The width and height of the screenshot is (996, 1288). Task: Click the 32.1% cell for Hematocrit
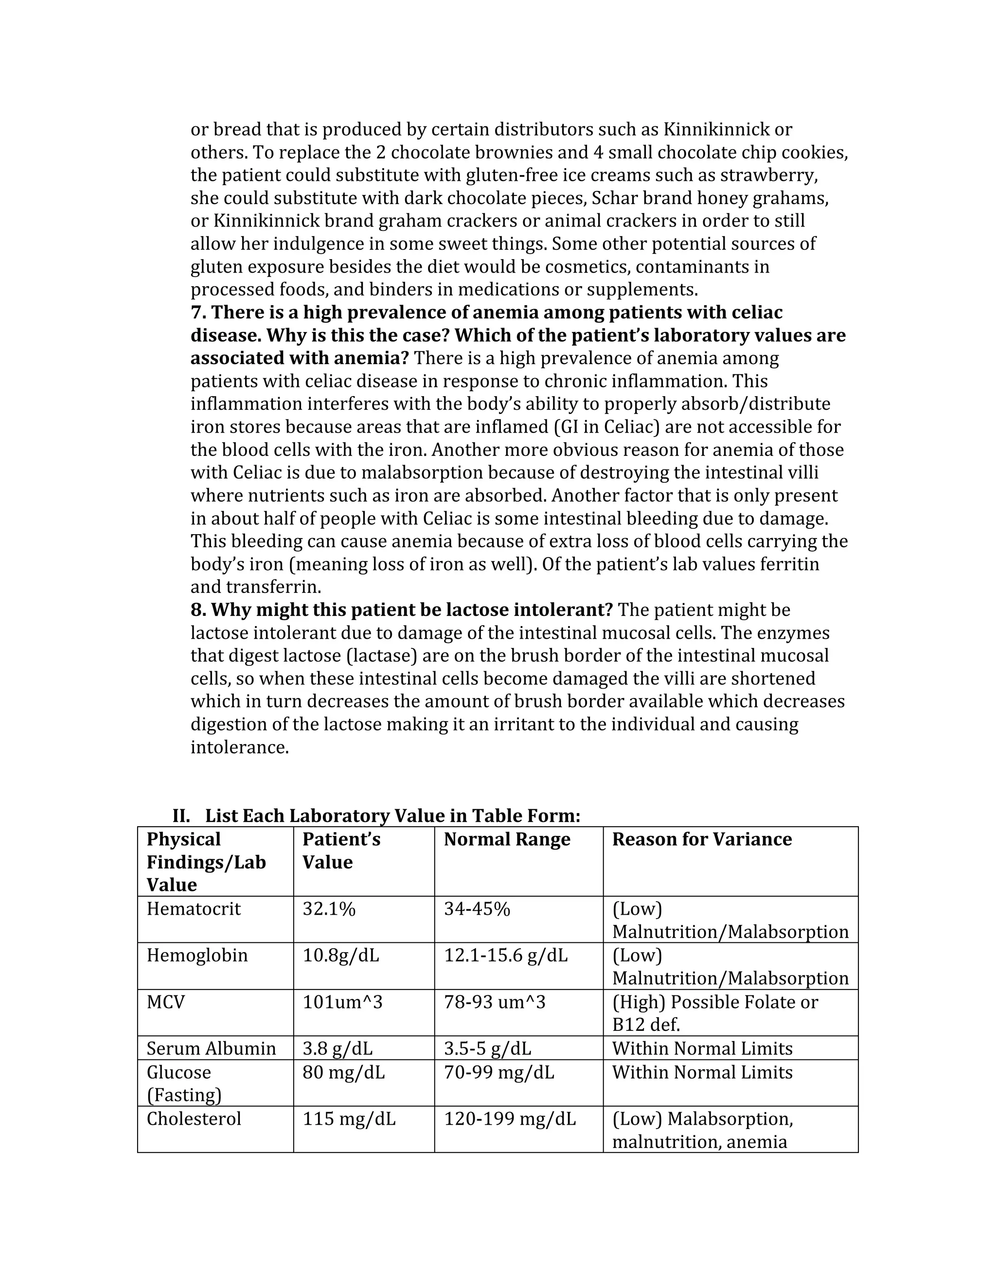pos(329,909)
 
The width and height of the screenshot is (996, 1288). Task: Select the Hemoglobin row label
pos(197,956)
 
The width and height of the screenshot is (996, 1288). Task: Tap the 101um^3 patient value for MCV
pos(342,1002)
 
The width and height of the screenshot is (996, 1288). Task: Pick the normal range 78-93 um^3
pos(495,1002)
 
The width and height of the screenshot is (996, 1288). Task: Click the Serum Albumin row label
pos(211,1048)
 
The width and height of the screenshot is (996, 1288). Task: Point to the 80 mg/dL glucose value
pos(343,1072)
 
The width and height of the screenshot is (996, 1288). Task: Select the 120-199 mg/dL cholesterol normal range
pos(510,1119)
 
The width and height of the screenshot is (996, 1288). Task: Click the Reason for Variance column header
pos(702,839)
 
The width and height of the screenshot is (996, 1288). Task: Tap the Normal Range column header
pos(507,839)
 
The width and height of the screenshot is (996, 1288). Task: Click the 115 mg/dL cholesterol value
pos(349,1119)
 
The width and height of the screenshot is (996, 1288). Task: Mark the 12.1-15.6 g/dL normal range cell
pos(506,956)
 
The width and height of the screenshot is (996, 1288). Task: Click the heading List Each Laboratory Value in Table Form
pos(392,816)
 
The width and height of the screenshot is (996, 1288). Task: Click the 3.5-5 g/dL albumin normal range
pos(487,1048)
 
